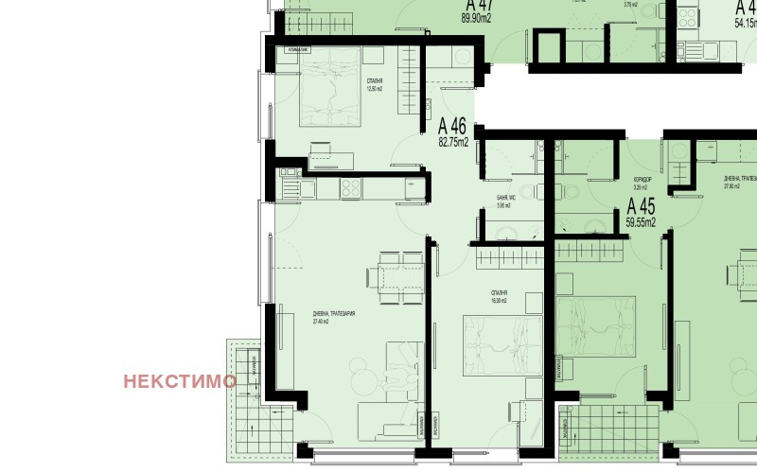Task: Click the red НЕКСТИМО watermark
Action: coord(180,381)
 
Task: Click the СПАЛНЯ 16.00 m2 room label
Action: coord(499,296)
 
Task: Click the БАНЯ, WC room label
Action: coord(503,201)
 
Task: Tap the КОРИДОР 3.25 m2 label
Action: coord(642,184)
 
